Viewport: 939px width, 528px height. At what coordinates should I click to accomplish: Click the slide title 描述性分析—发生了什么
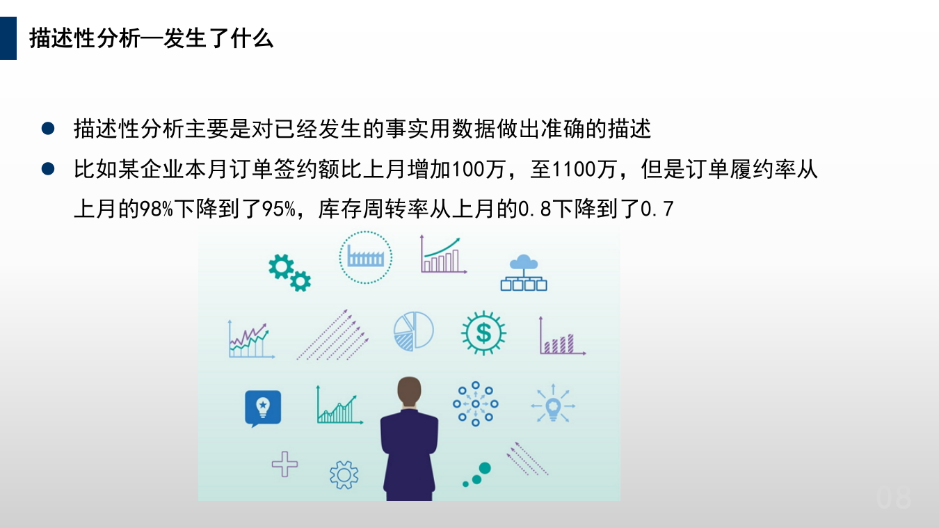(x=152, y=39)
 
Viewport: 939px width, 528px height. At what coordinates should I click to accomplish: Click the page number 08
(x=894, y=498)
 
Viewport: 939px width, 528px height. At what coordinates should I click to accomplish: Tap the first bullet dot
(x=48, y=129)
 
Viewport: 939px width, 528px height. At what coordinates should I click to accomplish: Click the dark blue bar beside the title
(x=8, y=38)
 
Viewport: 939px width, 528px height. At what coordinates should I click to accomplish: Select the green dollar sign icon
(x=483, y=333)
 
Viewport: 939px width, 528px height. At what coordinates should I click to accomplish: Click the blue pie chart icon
(x=413, y=330)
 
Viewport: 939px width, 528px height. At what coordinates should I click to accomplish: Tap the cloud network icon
(x=524, y=272)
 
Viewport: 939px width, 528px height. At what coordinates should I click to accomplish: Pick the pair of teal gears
(x=289, y=271)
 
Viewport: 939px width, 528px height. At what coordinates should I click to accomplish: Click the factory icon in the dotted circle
(x=366, y=257)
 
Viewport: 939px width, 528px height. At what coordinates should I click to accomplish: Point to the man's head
(x=409, y=392)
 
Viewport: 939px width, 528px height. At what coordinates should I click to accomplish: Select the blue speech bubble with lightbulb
(x=263, y=408)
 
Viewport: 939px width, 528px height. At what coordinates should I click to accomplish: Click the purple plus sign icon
(x=284, y=463)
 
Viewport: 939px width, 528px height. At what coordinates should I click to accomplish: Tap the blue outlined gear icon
(x=344, y=474)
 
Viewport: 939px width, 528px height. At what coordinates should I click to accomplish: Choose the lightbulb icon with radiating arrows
(x=553, y=404)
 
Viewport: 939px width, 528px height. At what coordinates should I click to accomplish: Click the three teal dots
(x=478, y=475)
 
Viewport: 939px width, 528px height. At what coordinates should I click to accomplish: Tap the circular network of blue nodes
(x=476, y=403)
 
